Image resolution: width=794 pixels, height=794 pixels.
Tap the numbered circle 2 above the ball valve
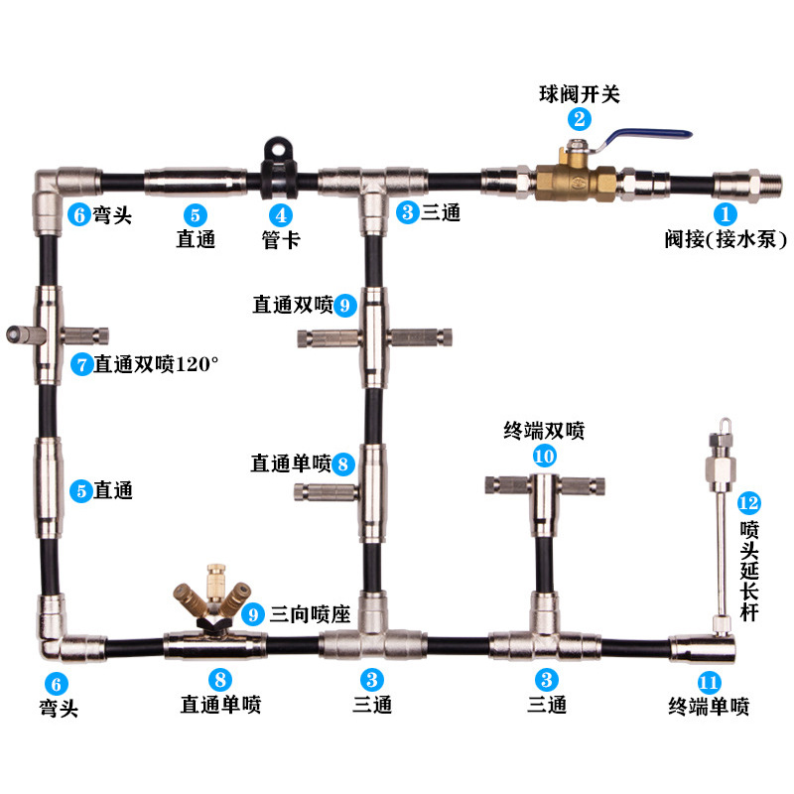pyautogui.click(x=579, y=119)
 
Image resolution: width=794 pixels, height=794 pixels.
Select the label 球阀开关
pyautogui.click(x=579, y=95)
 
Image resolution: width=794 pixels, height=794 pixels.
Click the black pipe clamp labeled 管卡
pyautogui.click(x=279, y=165)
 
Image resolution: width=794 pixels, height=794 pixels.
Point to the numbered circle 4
pyautogui.click(x=281, y=212)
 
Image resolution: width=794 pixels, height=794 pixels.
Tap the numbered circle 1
pyautogui.click(x=726, y=212)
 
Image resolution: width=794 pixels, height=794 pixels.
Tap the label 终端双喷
pyautogui.click(x=544, y=432)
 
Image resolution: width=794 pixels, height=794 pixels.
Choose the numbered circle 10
pyautogui.click(x=544, y=456)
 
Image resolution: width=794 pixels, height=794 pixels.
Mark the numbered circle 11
pyautogui.click(x=709, y=682)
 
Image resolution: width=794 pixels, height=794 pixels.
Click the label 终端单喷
pyautogui.click(x=709, y=707)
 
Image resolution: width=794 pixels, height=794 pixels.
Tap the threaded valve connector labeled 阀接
pyautogui.click(x=739, y=184)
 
